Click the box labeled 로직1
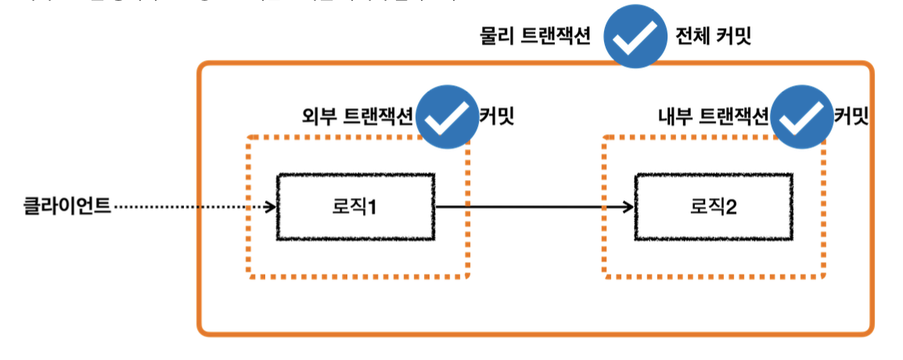coord(355,207)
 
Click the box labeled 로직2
coord(712,207)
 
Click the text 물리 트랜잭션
coord(535,37)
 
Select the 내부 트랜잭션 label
coord(714,117)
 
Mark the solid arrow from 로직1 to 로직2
coord(532,207)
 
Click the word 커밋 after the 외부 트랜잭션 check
coord(496,117)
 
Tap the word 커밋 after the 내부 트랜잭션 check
coord(851,117)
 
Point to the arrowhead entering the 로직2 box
coord(628,207)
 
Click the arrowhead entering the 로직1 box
coord(271,207)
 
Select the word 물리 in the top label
coord(497,37)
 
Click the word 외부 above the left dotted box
coord(318,117)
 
